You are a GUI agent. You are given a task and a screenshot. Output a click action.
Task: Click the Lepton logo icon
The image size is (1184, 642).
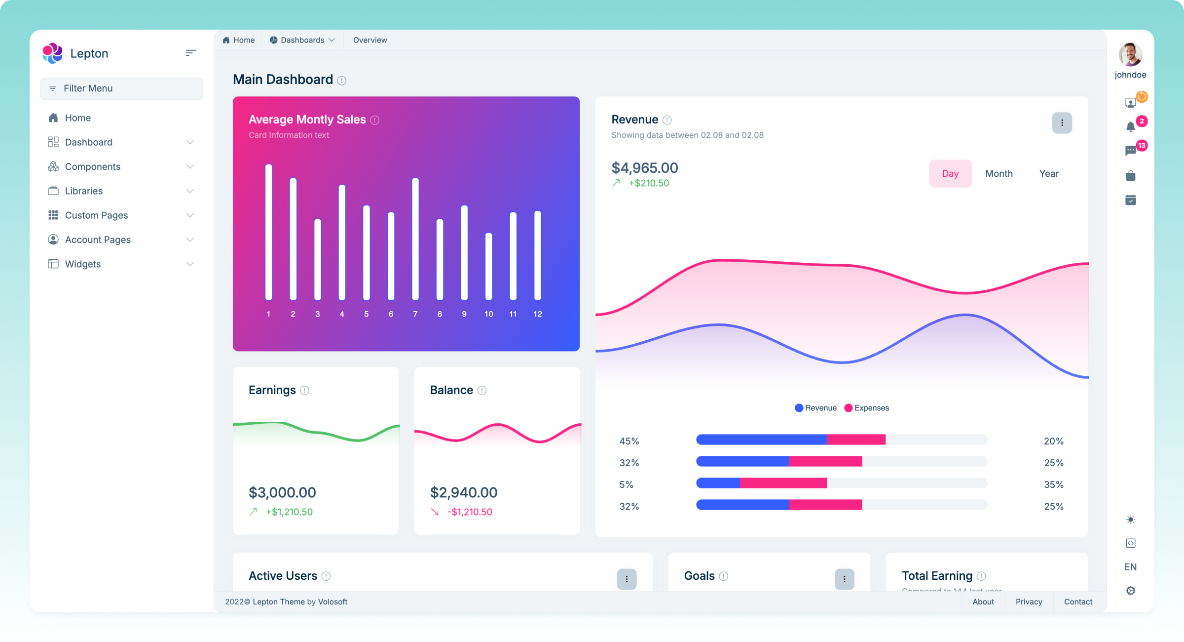[52, 53]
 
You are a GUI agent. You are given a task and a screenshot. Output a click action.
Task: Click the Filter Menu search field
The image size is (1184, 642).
[121, 88]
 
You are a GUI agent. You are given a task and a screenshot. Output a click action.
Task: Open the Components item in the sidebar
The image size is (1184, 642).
[93, 166]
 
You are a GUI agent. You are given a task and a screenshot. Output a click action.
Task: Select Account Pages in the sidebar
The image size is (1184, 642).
[98, 240]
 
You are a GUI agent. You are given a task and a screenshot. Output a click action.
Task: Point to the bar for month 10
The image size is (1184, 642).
[488, 266]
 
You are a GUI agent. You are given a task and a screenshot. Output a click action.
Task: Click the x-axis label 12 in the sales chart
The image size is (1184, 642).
[538, 314]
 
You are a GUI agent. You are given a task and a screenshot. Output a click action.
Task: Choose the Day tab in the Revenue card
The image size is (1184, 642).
[950, 173]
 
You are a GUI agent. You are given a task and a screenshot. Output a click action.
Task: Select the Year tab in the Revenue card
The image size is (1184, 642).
[1049, 173]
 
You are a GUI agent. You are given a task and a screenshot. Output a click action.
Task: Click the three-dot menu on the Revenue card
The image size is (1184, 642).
[1062, 123]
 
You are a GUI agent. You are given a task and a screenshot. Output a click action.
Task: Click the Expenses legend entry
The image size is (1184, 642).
[867, 408]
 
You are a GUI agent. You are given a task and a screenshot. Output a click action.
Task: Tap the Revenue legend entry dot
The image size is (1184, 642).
[799, 408]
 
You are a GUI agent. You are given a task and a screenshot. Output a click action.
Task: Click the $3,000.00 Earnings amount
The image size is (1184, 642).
[282, 492]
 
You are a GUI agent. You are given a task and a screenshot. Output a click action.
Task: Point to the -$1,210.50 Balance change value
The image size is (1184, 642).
[470, 512]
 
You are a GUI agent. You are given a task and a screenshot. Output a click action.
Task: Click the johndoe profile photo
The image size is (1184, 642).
[1130, 54]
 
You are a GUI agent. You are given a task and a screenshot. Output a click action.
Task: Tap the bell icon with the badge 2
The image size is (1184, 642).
[1131, 127]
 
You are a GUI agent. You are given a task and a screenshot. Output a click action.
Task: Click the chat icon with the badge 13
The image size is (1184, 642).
[1131, 151]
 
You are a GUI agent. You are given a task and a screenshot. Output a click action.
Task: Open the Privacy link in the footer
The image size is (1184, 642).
[1029, 602]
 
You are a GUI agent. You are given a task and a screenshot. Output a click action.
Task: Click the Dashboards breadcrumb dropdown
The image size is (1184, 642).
[302, 40]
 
